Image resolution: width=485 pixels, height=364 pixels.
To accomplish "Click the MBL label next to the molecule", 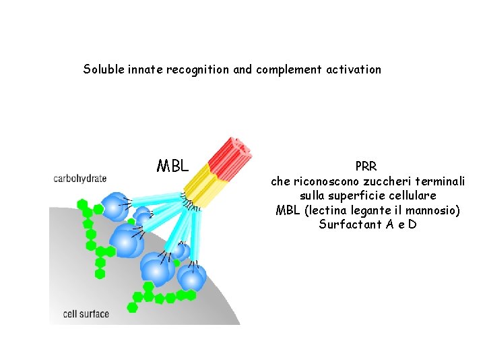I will click(x=172, y=166).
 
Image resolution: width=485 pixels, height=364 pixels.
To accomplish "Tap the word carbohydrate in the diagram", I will click(x=80, y=179).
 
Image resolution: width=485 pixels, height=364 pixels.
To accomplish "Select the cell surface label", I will click(x=86, y=313).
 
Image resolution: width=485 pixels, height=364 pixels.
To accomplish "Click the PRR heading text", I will click(x=366, y=166).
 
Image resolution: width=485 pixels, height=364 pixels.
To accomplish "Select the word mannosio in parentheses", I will click(x=432, y=210).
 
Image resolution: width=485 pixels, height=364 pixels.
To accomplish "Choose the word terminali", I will click(x=442, y=181).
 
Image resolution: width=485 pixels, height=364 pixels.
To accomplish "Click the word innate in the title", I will click(x=144, y=69).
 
